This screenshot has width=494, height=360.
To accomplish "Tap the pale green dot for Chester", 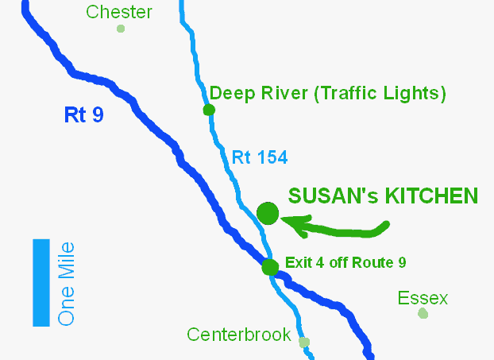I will (x=121, y=29).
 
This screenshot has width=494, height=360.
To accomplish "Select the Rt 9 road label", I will (x=83, y=115).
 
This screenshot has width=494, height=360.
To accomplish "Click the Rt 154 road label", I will (x=260, y=157).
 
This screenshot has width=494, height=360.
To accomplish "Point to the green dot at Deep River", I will (x=209, y=110).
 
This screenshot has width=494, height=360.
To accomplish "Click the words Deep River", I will (x=259, y=93).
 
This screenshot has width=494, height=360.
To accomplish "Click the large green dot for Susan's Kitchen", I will (x=268, y=213).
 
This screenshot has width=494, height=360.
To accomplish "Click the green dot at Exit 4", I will (x=270, y=267).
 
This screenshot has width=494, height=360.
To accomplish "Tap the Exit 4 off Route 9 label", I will (x=345, y=261).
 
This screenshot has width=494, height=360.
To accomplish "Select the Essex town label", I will (x=423, y=299).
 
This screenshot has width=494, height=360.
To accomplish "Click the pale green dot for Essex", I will (x=423, y=314).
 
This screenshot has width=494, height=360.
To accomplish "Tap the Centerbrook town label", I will (x=239, y=335).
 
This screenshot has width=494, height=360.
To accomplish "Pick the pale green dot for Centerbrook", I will (x=304, y=343).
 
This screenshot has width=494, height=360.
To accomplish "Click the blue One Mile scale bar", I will (x=41, y=283).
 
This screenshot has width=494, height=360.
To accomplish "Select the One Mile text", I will (x=68, y=284).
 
